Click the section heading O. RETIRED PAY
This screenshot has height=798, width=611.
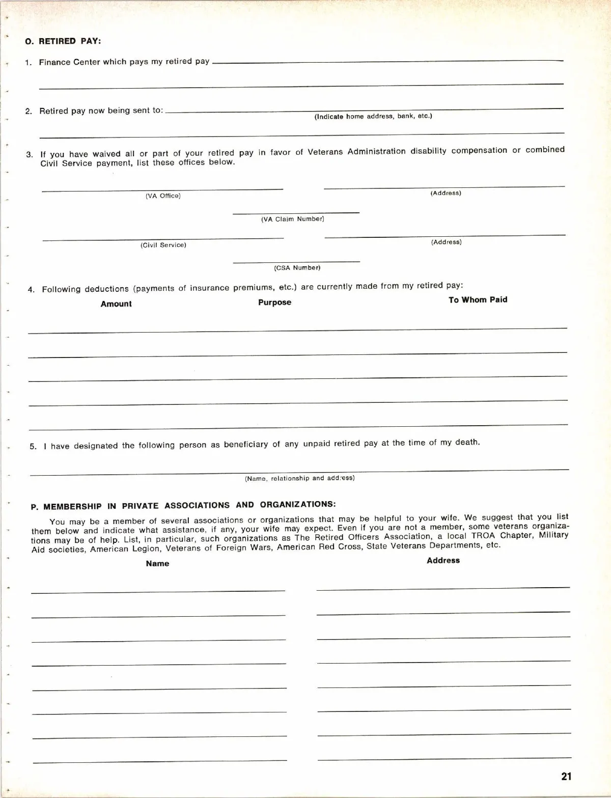pyautogui.click(x=63, y=41)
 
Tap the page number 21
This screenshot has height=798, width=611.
pyautogui.click(x=566, y=777)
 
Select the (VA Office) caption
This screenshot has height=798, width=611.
pyautogui.click(x=163, y=196)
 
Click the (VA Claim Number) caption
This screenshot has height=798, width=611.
pyautogui.click(x=293, y=219)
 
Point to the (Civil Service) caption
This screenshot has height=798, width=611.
pyautogui.click(x=163, y=245)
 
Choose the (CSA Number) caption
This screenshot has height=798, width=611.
pyautogui.click(x=297, y=267)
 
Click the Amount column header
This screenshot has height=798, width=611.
pyautogui.click(x=116, y=304)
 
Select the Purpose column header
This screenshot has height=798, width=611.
pyautogui.click(x=274, y=302)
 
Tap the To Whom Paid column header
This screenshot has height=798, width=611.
pyautogui.click(x=478, y=300)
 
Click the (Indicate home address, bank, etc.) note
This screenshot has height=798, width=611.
pyautogui.click(x=373, y=116)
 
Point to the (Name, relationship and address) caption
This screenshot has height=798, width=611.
pyautogui.click(x=299, y=478)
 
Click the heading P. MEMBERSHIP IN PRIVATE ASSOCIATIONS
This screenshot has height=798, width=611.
pyautogui.click(x=183, y=506)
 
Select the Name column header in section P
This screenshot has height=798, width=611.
pyautogui.click(x=157, y=564)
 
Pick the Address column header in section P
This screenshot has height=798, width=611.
pyautogui.click(x=443, y=561)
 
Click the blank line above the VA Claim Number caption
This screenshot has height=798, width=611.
pyautogui.click(x=296, y=212)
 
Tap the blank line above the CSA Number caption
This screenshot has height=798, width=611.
pyautogui.click(x=296, y=262)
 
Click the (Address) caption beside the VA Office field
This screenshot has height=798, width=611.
pyautogui.click(x=446, y=193)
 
